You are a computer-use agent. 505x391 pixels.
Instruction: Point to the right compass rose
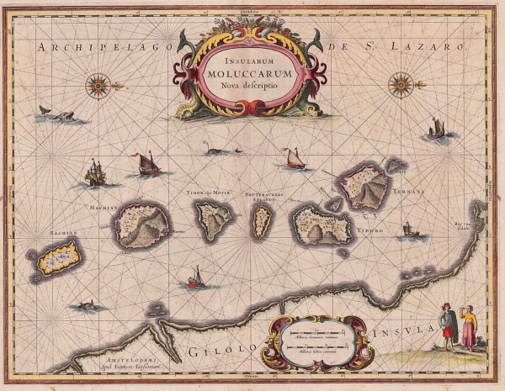pyautogui.click(x=401, y=83)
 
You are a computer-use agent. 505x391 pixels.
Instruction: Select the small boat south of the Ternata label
pyautogui.click(x=408, y=229)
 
